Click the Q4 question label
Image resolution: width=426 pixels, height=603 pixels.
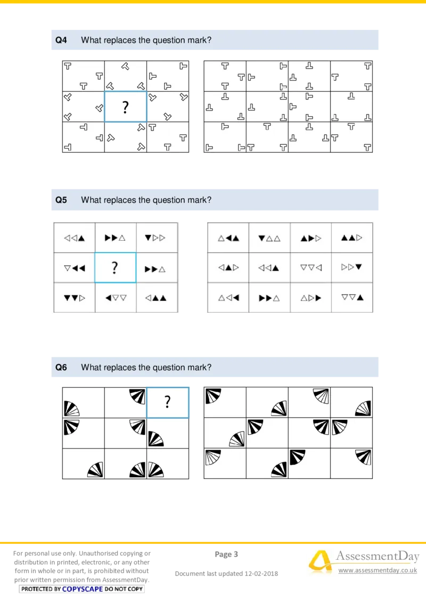61,40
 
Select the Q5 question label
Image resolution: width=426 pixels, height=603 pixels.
61,200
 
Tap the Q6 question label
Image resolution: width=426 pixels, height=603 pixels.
61,368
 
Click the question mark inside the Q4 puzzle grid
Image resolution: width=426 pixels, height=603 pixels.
125,108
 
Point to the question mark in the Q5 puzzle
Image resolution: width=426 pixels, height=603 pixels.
115,267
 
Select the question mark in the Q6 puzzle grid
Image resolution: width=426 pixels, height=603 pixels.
167,402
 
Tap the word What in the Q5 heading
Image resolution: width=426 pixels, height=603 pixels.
91,200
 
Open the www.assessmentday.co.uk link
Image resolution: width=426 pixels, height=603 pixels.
377,571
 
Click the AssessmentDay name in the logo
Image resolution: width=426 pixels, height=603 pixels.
377,557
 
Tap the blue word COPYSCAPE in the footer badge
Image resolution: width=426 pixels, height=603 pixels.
83,589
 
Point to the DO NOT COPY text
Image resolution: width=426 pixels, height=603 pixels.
124,589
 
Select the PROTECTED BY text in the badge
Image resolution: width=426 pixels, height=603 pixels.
41,589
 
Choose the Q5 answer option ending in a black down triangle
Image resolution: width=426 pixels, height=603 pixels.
352,267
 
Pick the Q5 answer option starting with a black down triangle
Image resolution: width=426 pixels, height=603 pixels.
269,238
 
